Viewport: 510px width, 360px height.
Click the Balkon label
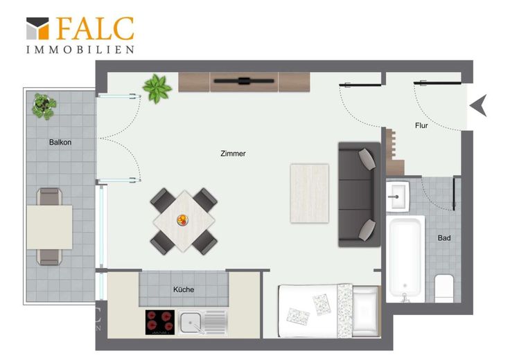click(x=60, y=143)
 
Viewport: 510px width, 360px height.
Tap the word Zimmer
click(x=233, y=154)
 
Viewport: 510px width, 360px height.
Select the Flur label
click(x=421, y=125)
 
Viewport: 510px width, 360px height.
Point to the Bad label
click(x=444, y=238)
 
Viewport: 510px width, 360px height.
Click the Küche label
click(x=184, y=289)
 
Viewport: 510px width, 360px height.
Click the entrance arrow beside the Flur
click(x=478, y=105)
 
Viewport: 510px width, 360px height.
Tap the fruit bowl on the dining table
click(x=182, y=220)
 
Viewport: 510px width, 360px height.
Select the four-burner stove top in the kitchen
click(x=159, y=322)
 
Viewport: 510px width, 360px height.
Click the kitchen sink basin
click(x=191, y=323)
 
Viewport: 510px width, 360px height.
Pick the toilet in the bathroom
click(x=444, y=288)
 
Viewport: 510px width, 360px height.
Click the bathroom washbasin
click(x=398, y=196)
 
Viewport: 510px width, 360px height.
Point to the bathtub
click(x=405, y=259)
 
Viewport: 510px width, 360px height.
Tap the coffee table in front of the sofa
click(x=309, y=194)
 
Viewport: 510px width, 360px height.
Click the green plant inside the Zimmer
click(x=157, y=89)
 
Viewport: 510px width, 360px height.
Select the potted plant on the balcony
click(x=44, y=106)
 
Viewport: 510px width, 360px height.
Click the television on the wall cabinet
click(x=244, y=81)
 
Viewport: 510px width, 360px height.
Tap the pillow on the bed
click(x=366, y=311)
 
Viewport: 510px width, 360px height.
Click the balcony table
click(x=49, y=227)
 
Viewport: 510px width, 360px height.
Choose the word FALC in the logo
click(x=96, y=28)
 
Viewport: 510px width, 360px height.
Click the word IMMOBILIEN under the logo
click(x=80, y=50)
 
